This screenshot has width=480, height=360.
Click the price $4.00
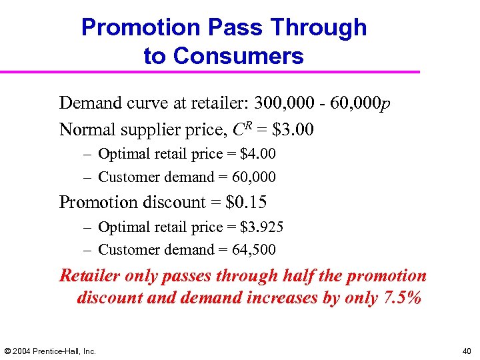point(257,154)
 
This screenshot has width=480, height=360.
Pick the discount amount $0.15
point(247,201)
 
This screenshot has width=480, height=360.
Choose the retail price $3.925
point(261,227)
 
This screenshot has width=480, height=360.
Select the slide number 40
point(465,351)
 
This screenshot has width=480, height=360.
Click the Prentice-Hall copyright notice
point(51,351)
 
